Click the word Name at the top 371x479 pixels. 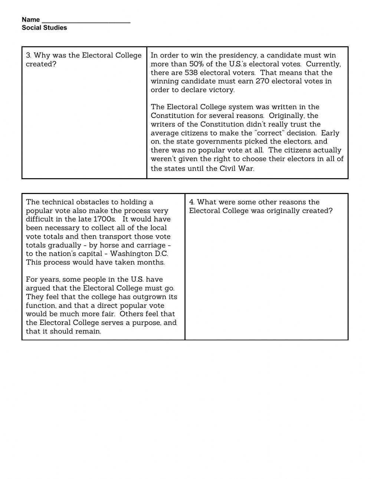pos(30,20)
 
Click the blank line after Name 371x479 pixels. pos(86,20)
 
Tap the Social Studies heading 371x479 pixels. pos(44,28)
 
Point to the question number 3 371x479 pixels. pos(28,56)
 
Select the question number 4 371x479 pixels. pos(191,202)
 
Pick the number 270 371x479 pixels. pos(262,81)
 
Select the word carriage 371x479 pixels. pos(148,245)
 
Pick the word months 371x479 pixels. pos(152,262)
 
